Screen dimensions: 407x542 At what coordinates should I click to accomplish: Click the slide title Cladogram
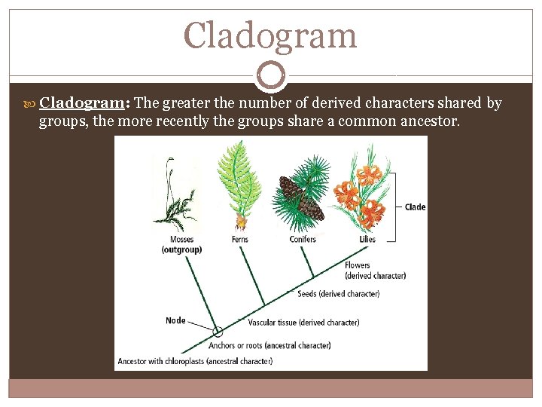(270, 35)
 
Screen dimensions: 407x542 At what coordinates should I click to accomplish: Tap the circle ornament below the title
(270, 75)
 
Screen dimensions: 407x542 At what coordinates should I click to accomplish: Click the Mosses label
(181, 240)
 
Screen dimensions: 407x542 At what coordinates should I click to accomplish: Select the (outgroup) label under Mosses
(181, 249)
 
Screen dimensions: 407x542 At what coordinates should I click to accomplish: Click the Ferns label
(241, 240)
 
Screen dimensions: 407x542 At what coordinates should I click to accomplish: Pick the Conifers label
(303, 240)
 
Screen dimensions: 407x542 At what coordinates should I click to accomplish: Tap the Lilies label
(367, 240)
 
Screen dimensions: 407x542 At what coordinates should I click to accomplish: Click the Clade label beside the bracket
(415, 207)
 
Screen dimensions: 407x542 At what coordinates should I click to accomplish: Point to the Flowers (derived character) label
(375, 271)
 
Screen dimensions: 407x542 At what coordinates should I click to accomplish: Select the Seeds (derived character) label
(339, 294)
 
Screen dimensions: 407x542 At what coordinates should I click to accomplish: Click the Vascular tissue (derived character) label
(303, 323)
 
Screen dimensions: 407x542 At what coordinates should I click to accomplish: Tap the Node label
(175, 320)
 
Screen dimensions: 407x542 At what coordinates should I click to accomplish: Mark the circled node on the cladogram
(218, 332)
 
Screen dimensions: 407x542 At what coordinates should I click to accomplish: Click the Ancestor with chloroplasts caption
(194, 362)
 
